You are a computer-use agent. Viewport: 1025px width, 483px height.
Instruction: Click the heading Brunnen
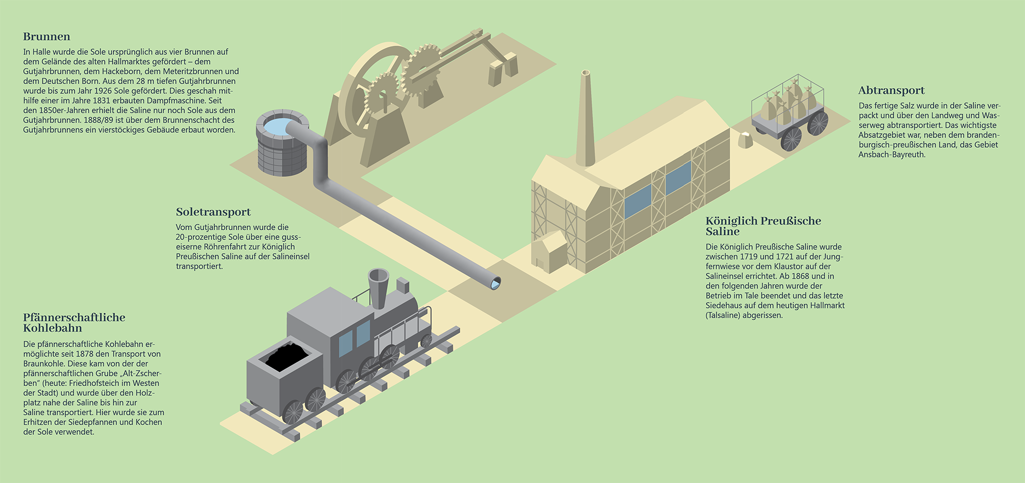point(47,37)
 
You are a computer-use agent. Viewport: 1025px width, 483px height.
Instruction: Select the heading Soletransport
point(213,212)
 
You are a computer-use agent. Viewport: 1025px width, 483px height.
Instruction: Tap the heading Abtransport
point(891,91)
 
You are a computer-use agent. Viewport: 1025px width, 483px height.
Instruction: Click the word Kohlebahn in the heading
point(52,328)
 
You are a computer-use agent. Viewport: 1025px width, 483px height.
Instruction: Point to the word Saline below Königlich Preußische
point(723,232)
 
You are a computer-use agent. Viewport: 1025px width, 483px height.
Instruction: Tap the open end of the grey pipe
point(496,283)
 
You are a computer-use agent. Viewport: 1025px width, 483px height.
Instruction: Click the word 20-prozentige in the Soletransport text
point(200,237)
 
